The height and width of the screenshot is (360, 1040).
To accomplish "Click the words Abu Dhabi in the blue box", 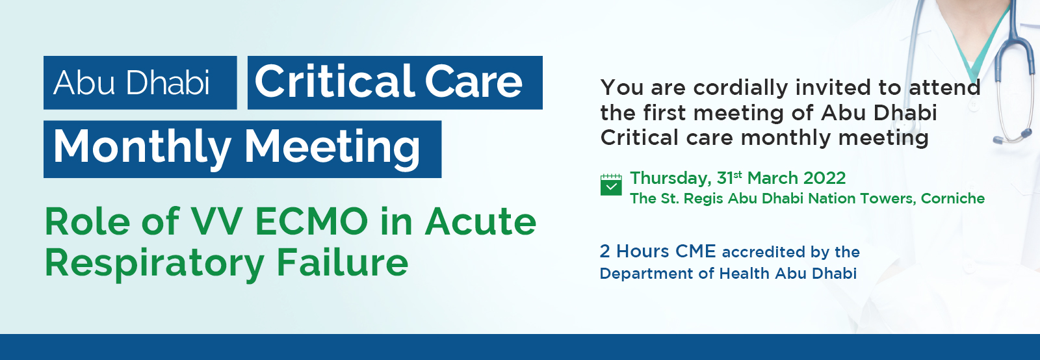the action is tap(131, 83).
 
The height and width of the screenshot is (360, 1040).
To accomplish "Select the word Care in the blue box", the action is tap(474, 82).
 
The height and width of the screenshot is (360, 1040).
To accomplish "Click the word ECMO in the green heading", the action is tap(311, 222).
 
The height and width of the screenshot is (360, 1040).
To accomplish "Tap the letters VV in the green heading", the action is tap(216, 222).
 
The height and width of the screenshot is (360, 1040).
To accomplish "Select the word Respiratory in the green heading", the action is tap(154, 264).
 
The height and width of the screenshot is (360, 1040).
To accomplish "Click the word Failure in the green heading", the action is tap(343, 262).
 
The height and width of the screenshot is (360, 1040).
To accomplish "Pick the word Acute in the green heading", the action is tap(480, 222).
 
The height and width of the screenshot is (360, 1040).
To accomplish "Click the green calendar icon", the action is tap(611, 185).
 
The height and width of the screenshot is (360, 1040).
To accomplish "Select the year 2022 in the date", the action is tap(825, 178).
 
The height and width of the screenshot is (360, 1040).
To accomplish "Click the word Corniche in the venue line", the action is tap(953, 199).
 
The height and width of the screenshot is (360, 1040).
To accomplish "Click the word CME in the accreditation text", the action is tap(695, 251).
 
